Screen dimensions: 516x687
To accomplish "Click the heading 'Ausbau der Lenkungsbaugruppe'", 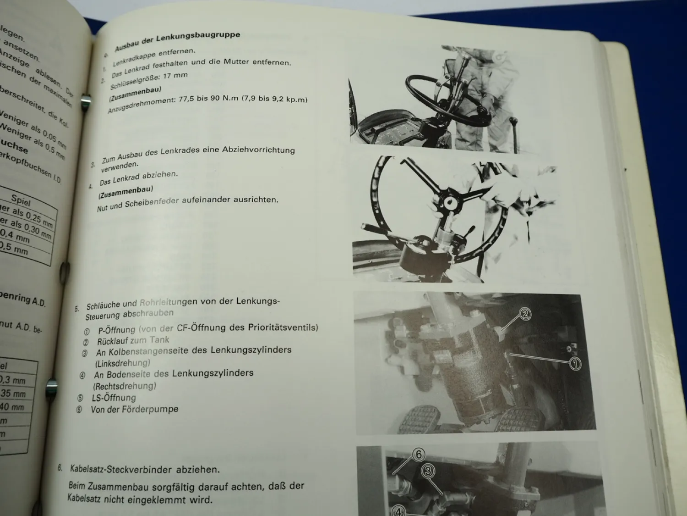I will [177, 41].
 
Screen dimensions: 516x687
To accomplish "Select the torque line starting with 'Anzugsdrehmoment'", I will [207, 104].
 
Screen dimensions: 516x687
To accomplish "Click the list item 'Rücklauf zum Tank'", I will [133, 341].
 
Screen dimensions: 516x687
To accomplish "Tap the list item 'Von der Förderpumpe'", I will [134, 409].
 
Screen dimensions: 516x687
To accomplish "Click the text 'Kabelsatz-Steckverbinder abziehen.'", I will [144, 469].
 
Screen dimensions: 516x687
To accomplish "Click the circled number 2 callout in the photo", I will [525, 314].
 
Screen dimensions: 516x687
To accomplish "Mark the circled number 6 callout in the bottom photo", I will [418, 455].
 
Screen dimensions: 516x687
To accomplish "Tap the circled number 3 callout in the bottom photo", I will [428, 471].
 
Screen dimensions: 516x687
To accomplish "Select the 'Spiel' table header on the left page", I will [21, 200].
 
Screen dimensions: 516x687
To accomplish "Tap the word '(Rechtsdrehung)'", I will [125, 386].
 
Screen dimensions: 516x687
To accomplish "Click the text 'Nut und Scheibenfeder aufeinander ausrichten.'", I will [187, 203].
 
